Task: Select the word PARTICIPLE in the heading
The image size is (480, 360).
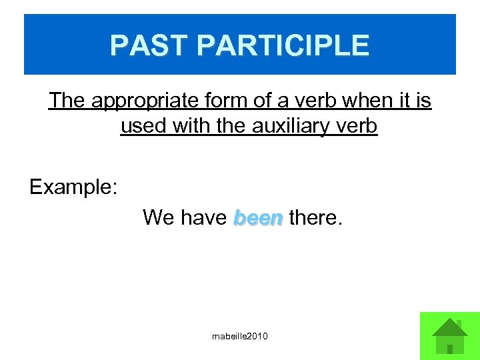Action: tap(283, 45)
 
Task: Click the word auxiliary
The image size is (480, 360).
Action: tap(283, 125)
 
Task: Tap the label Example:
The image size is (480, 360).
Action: tap(73, 187)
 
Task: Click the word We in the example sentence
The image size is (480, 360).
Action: tap(158, 217)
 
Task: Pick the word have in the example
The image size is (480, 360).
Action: tap(204, 217)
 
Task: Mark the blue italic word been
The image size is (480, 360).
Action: tap(258, 217)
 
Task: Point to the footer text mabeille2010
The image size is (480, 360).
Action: tap(239, 337)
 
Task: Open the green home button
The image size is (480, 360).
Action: tap(449, 336)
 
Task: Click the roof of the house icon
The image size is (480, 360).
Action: tap(450, 327)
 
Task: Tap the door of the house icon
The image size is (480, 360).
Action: tap(450, 349)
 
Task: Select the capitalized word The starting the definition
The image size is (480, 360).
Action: tap(67, 101)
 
